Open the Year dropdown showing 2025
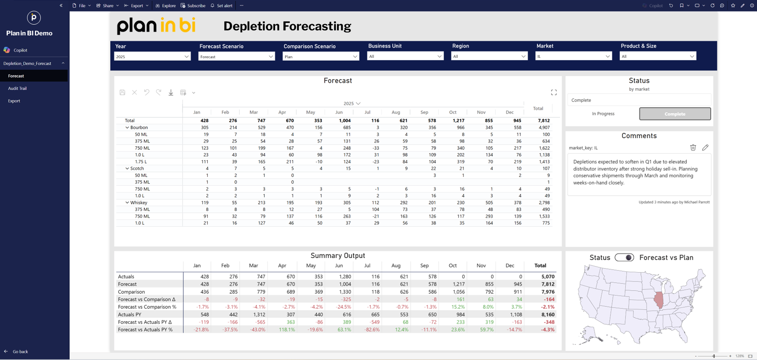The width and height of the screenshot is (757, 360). click(152, 57)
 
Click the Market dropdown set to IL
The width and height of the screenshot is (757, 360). click(573, 56)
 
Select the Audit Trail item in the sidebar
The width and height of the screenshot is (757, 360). click(17, 88)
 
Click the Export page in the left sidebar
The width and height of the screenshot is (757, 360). click(14, 101)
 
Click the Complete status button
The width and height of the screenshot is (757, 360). click(675, 114)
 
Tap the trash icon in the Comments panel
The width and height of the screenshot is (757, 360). click(693, 147)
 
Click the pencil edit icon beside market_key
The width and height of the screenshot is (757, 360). click(705, 147)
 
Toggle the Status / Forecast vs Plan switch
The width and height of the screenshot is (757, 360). click(624, 258)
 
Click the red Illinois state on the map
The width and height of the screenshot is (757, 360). click(659, 300)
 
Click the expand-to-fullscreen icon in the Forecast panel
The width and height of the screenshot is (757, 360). click(554, 92)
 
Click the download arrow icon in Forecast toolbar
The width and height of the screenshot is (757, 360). click(171, 92)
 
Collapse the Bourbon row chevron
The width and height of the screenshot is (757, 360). click(127, 128)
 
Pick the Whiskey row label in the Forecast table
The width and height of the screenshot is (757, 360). click(139, 203)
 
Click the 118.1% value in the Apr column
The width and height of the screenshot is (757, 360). click(287, 330)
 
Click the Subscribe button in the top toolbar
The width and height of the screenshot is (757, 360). click(193, 6)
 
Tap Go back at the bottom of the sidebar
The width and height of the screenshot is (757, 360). click(20, 352)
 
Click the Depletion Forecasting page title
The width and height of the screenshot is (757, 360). click(287, 26)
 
